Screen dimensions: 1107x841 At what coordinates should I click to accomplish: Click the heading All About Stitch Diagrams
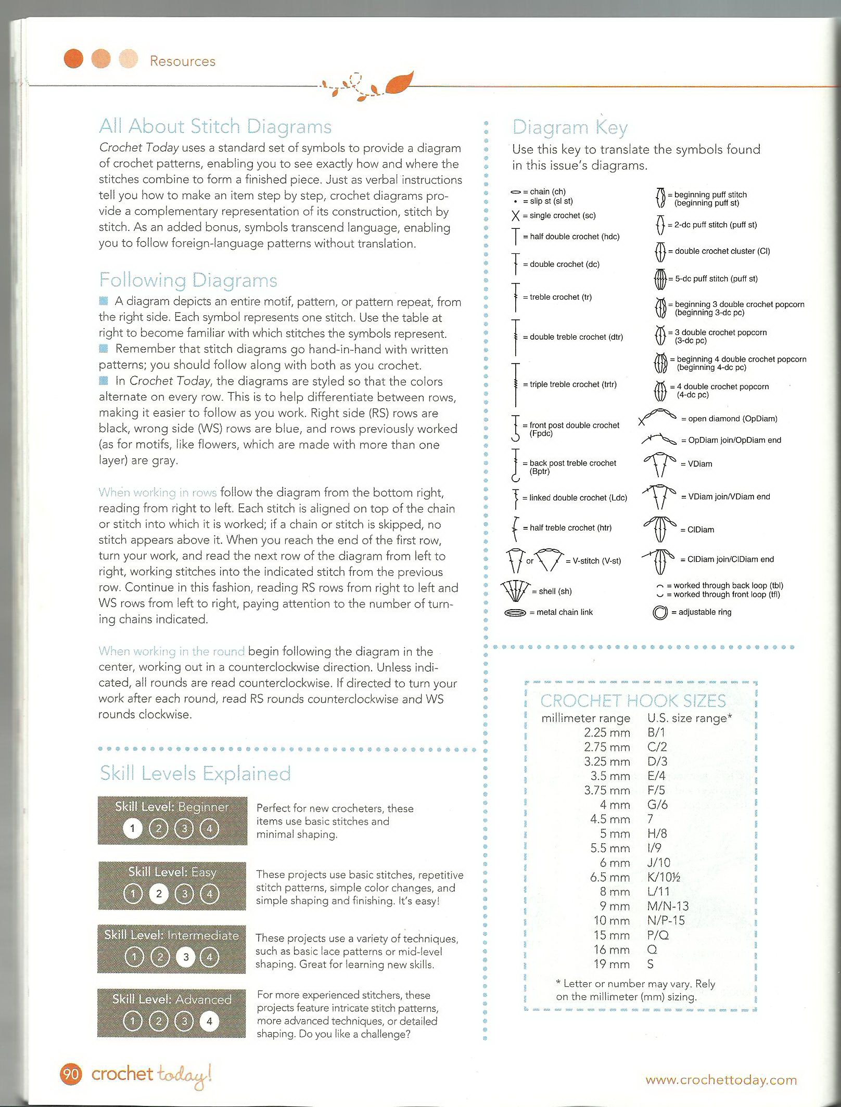click(x=215, y=126)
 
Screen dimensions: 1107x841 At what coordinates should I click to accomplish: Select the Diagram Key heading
click(x=570, y=127)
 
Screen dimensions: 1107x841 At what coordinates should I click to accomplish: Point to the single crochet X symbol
click(x=516, y=216)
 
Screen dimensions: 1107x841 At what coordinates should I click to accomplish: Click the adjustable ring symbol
click(x=659, y=613)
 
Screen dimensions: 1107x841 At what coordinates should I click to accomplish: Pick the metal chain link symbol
click(x=515, y=613)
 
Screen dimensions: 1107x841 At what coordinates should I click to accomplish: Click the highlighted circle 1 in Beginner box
click(x=133, y=829)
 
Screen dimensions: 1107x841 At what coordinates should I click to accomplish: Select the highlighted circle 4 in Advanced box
click(x=209, y=1021)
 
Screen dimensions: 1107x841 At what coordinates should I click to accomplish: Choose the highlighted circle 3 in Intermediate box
click(x=185, y=957)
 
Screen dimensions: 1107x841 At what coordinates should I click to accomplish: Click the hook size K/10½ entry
click(x=664, y=877)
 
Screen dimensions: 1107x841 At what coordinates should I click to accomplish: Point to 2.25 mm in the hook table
click(x=607, y=732)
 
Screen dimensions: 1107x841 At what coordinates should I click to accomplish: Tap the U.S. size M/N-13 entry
click(x=668, y=906)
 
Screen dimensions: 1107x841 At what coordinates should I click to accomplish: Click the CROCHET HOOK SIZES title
click(x=633, y=701)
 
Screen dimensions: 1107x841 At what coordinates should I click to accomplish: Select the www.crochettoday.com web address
click(x=721, y=1080)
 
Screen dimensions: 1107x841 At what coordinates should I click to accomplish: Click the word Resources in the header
click(x=182, y=61)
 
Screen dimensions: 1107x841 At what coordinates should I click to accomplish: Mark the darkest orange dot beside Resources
click(x=73, y=58)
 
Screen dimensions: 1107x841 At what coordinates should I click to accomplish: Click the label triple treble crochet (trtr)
click(x=569, y=384)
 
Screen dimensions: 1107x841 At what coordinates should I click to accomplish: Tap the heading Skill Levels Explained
click(x=195, y=774)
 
